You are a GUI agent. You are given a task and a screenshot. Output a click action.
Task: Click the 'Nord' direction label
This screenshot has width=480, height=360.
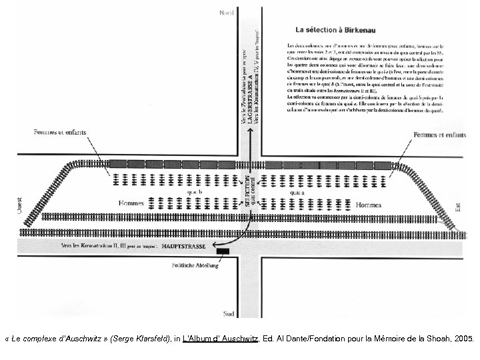[x=228, y=11]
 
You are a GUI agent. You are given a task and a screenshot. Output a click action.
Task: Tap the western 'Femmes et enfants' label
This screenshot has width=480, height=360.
[x=60, y=133]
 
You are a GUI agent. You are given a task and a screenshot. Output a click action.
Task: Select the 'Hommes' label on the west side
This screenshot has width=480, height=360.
[x=131, y=203]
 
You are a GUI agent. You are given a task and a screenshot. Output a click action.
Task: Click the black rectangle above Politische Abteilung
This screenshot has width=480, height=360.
[x=223, y=251]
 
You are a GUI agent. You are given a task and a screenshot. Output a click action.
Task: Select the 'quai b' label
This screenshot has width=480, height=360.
[x=194, y=191]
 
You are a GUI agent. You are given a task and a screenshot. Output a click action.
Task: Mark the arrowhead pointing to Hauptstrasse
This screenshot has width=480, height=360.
[x=214, y=245]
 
